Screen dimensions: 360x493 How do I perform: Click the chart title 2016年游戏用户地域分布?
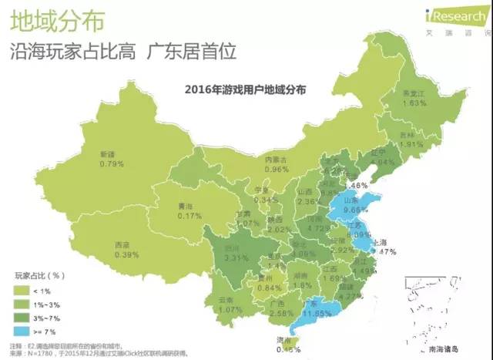[246, 89]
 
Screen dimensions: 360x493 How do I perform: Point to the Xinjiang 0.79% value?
[112, 164]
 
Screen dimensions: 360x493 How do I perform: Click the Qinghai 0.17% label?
[184, 216]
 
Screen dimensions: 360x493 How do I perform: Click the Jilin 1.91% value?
[413, 143]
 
